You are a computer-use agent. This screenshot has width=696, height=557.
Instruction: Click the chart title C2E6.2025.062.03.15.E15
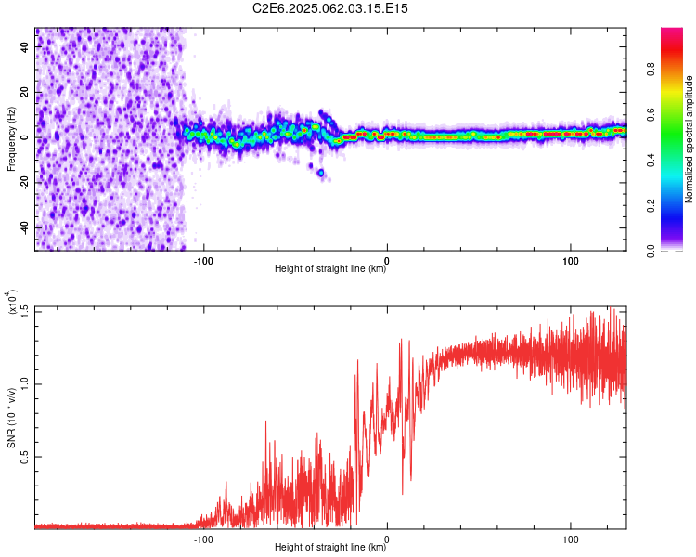tap(331, 8)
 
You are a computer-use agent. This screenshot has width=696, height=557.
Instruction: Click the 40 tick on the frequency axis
tap(25, 46)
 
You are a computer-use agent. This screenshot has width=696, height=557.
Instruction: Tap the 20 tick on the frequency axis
tap(25, 92)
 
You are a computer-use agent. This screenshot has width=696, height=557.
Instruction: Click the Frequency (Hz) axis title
tap(10, 139)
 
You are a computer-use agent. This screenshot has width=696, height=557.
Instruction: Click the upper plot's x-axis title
tap(330, 269)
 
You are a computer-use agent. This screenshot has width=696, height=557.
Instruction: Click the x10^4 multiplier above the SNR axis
tap(13, 303)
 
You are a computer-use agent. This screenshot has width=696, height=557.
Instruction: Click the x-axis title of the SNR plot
tap(330, 549)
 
